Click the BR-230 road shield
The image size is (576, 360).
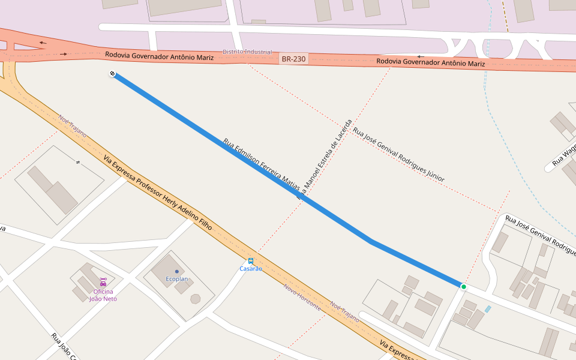[x=293, y=59]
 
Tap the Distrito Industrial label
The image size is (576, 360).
[x=247, y=52]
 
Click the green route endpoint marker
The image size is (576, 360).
[x=463, y=287]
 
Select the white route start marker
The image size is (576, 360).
[x=112, y=74]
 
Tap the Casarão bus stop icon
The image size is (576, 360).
[x=251, y=261]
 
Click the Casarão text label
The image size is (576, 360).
[x=251, y=269]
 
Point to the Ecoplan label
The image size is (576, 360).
[x=177, y=279]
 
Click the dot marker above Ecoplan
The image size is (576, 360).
[x=176, y=272]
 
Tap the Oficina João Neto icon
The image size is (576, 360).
[x=103, y=281]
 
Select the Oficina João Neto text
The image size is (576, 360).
[x=103, y=295]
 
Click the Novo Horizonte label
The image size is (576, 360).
[x=302, y=297]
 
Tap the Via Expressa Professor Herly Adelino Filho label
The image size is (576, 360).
[x=158, y=193]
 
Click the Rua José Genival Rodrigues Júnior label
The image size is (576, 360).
[x=398, y=154]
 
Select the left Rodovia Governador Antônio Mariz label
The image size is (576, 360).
[x=159, y=56]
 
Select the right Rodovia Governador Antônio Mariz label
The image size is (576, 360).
[x=431, y=62]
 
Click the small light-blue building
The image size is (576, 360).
[x=488, y=309]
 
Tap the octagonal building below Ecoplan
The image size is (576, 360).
[x=195, y=298]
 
